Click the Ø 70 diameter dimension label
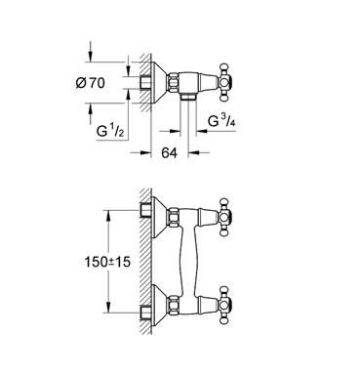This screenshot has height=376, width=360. pos(91,83)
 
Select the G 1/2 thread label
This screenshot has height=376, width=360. pos(110,131)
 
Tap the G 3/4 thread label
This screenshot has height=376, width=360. pos(221,121)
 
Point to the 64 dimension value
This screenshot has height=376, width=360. pos(170,152)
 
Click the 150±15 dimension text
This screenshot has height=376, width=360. pos(107,262)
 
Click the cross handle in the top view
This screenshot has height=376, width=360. pos(225,82)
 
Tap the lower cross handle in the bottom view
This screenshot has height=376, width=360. pos(225,305)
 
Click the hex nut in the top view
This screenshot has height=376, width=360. pos(173,82)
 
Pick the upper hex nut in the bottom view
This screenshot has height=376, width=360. pos(173,217)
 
